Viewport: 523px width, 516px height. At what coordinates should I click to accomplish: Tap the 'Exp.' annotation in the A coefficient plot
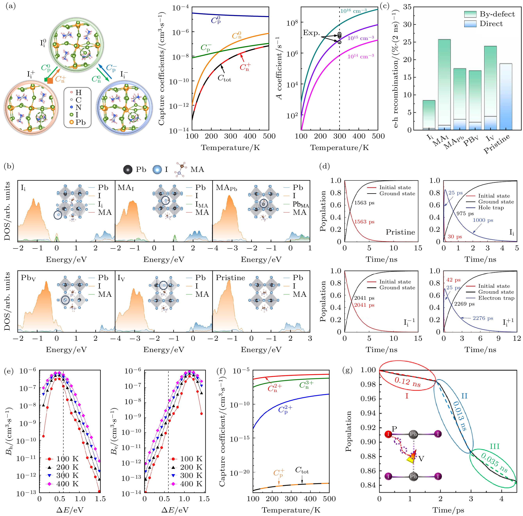(311, 33)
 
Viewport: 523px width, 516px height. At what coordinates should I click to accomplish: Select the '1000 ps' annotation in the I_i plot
(483, 220)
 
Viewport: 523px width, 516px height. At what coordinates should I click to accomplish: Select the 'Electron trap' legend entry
(496, 298)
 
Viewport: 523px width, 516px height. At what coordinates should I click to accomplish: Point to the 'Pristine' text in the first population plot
(400, 232)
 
